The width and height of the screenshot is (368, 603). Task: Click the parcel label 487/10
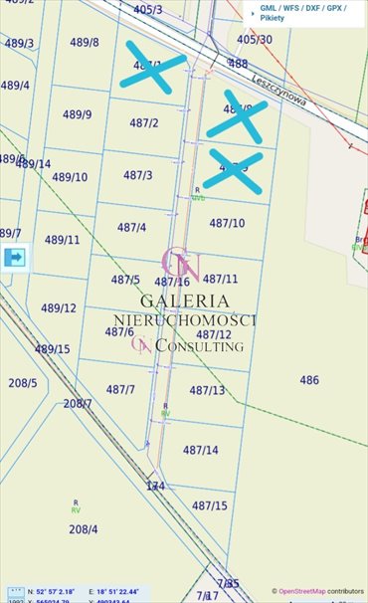[227, 223]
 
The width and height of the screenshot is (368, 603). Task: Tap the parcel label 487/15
[209, 505]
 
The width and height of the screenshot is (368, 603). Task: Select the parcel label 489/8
[84, 43]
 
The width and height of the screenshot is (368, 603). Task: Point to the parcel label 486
[309, 380]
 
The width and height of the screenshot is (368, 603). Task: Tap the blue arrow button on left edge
[15, 258]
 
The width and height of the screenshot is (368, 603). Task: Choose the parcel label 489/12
[59, 308]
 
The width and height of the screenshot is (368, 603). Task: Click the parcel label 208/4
[84, 529]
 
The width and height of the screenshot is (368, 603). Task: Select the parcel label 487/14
[200, 450]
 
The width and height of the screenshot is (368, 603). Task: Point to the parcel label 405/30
[255, 40]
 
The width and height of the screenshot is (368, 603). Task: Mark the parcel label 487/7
[120, 389]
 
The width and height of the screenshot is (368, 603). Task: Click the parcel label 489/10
[70, 177]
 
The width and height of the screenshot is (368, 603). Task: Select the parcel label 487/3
[138, 175]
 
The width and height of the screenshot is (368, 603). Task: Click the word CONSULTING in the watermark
[199, 346]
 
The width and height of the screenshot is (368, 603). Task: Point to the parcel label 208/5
[22, 382]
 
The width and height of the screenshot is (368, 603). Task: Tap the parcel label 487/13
[207, 390]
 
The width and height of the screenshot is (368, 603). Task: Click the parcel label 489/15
[53, 349]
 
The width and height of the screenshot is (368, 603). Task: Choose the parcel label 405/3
[147, 10]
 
